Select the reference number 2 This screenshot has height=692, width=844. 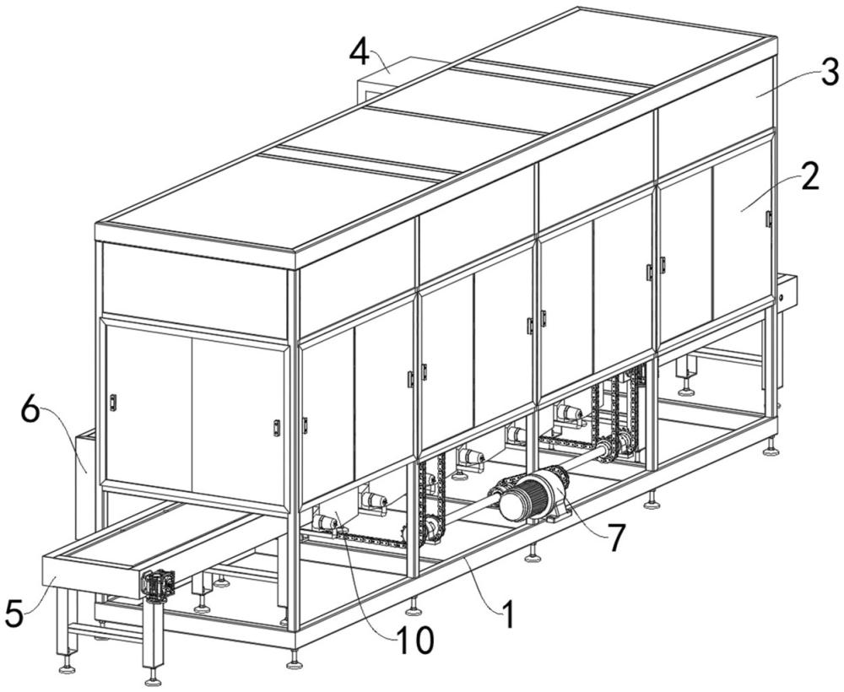click(x=809, y=176)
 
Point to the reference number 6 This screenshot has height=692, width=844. click(x=30, y=412)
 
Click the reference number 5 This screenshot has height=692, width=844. click(x=15, y=614)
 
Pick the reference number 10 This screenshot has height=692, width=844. click(x=414, y=640)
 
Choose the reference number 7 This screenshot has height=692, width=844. click(x=615, y=537)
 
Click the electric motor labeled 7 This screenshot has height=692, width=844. click(x=530, y=495)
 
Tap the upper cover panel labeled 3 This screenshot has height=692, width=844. click(x=716, y=91)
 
